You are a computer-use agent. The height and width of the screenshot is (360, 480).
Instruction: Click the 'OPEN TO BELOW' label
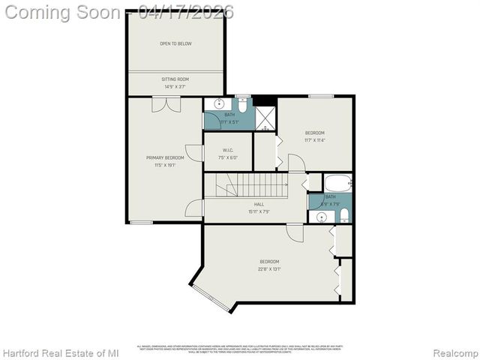point(175,43)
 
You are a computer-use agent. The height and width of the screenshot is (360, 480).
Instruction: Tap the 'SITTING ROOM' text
point(175,79)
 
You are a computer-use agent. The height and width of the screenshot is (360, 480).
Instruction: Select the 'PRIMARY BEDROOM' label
point(165,157)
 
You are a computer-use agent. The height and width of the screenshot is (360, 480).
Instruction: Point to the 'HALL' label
point(259,204)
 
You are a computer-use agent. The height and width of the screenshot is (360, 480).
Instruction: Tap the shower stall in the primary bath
point(265,118)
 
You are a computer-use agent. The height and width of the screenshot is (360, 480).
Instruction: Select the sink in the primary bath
point(220,104)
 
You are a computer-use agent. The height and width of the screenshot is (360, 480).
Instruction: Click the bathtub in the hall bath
point(337,182)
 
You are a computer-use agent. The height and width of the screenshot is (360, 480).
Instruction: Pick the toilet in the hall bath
point(343,216)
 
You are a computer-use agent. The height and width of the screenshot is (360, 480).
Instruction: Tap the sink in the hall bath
point(322,217)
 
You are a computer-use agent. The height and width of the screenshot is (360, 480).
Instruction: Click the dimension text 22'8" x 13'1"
point(269,268)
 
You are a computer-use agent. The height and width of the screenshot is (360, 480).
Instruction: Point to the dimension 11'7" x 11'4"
point(314,139)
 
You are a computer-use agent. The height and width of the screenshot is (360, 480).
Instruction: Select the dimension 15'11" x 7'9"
point(259,211)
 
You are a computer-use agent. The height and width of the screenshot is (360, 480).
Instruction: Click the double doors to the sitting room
point(166,104)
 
